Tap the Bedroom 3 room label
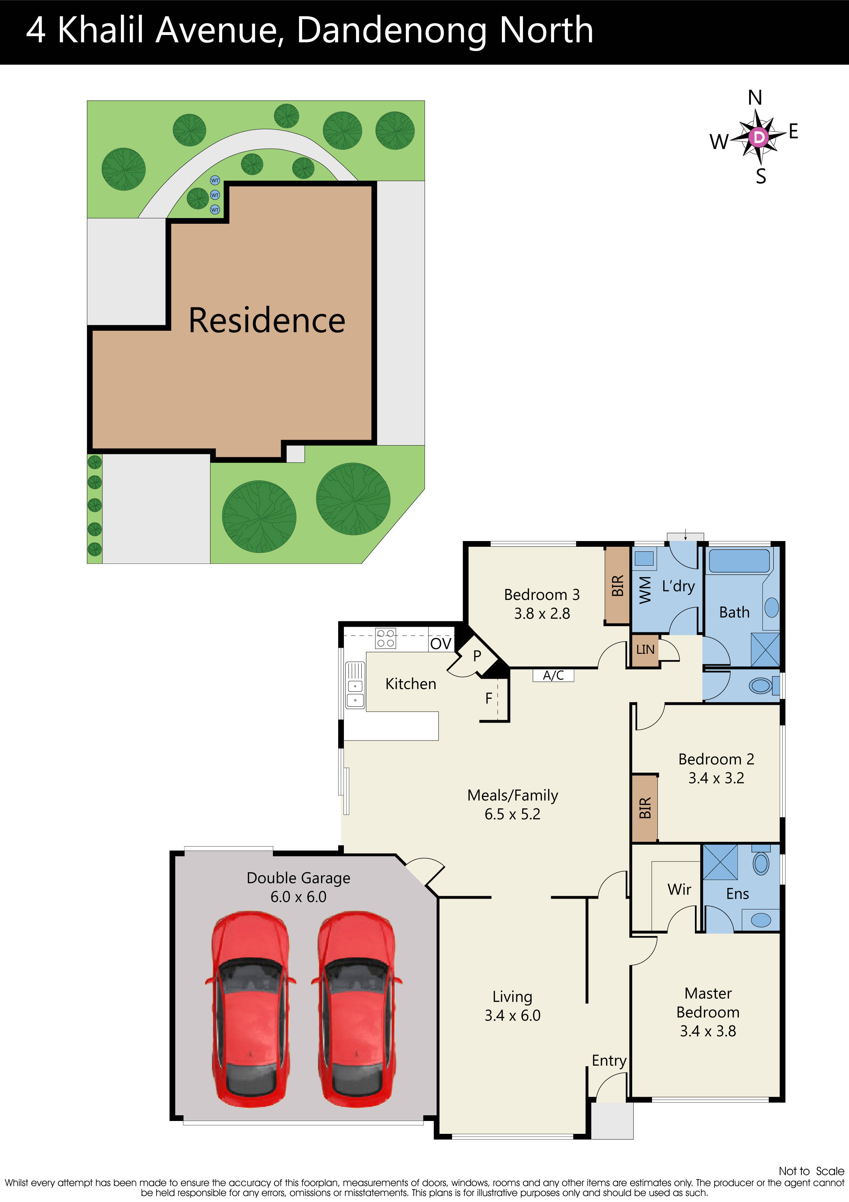tap(542, 595)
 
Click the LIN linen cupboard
tap(645, 650)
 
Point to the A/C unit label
tap(553, 675)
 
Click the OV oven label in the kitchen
tap(441, 643)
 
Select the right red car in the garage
tap(356, 1008)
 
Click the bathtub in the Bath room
tap(739, 561)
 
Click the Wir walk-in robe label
tap(679, 889)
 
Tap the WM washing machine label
tap(645, 590)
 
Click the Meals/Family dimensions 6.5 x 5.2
tap(512, 814)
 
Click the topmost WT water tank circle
tap(215, 180)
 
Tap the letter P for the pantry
tap(477, 656)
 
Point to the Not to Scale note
tap(811, 1171)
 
